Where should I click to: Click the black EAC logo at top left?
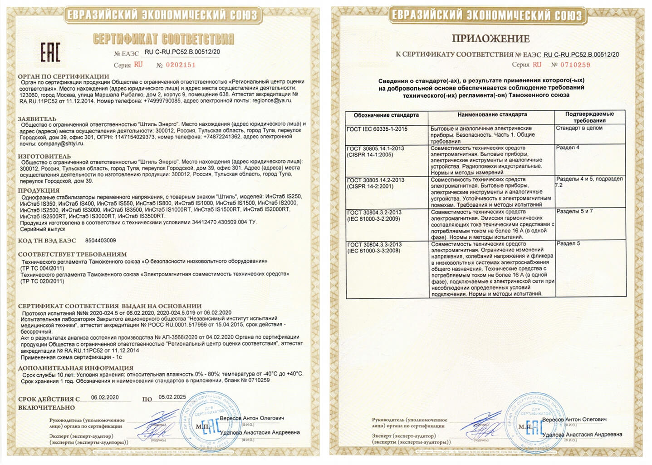50,53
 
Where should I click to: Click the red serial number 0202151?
181,65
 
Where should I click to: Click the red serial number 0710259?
575,65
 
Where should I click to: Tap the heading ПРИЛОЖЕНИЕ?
490,39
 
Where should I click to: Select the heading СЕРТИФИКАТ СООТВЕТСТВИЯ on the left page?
163,39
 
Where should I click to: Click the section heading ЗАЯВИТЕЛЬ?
37,119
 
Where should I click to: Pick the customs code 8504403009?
100,241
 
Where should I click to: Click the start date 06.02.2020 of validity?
105,397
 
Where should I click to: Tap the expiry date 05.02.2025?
172,397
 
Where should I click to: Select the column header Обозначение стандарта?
386,115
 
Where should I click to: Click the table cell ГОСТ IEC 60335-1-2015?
377,129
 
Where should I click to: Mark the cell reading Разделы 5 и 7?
574,212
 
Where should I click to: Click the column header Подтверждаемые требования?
589,117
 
